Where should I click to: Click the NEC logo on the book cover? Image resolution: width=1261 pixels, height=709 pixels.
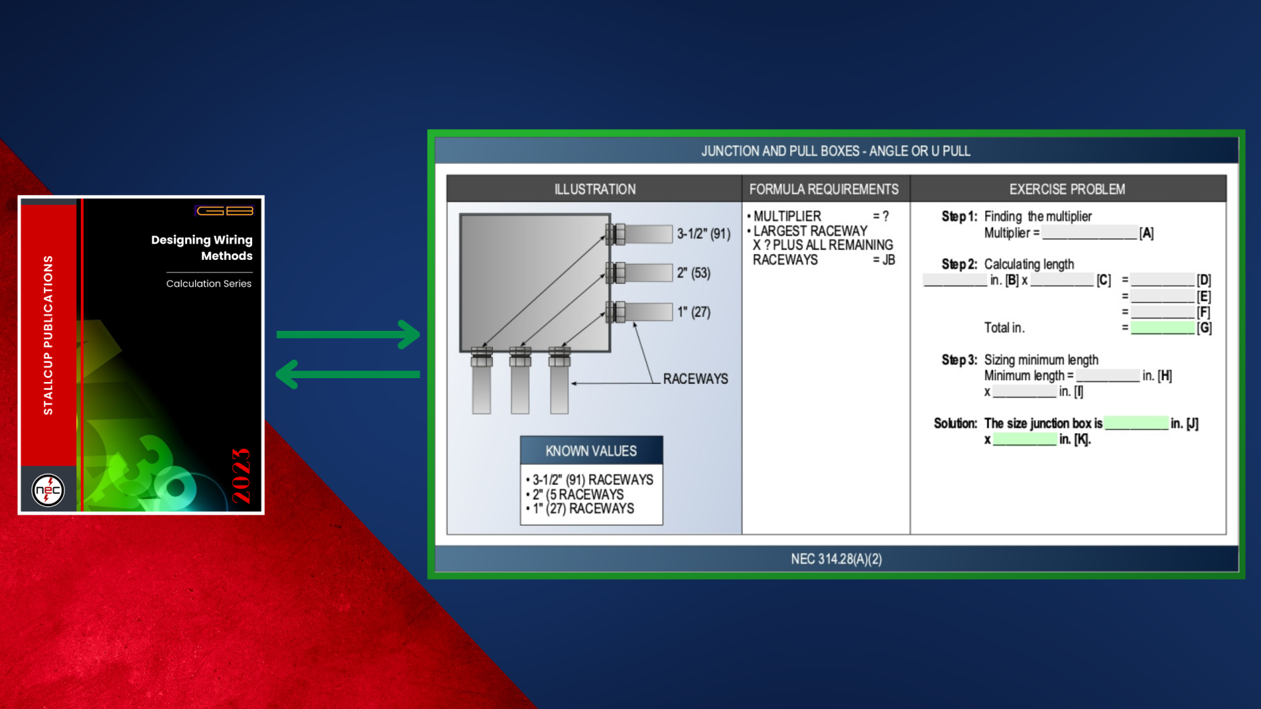tap(48, 490)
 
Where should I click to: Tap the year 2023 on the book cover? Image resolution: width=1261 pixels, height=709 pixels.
tap(241, 476)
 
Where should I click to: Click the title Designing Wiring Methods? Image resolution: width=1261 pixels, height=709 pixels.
tap(202, 247)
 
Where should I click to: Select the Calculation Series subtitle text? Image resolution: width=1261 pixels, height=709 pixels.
tap(209, 284)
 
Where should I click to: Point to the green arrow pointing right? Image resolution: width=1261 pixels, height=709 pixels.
tap(348, 334)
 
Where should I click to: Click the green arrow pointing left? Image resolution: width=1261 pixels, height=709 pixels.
tap(348, 374)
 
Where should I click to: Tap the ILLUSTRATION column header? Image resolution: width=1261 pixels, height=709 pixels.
tap(595, 189)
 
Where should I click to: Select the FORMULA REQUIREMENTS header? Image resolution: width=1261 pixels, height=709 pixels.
tap(824, 189)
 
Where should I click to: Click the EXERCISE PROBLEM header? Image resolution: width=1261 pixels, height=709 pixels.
tap(1067, 189)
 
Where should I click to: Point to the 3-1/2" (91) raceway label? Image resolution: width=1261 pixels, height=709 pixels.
tap(703, 234)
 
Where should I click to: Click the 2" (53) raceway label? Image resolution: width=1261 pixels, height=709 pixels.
tap(694, 273)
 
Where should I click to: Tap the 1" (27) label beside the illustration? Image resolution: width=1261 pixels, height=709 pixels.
tap(694, 312)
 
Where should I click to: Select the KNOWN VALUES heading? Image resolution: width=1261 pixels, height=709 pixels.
tap(591, 451)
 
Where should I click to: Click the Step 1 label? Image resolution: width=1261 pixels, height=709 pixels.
tap(959, 216)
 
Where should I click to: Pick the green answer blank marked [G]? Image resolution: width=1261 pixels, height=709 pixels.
tap(1162, 328)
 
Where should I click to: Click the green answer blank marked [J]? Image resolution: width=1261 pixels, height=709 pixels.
tap(1136, 423)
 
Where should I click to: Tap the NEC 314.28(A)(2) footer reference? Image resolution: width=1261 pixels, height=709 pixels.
tap(836, 559)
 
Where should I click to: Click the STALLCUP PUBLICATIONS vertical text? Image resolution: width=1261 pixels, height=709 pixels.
tap(48, 335)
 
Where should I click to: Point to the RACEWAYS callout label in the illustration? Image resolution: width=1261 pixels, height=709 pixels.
tap(696, 379)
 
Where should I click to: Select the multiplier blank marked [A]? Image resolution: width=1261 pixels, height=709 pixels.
tap(1090, 232)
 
